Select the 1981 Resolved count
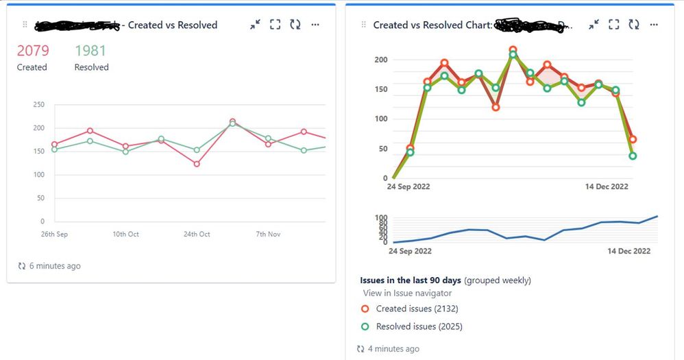point(90,51)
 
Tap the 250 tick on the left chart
point(38,105)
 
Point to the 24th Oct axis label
point(197,235)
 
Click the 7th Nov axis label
point(269,235)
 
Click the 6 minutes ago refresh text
point(54,265)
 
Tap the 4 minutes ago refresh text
point(393,349)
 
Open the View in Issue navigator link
point(407,293)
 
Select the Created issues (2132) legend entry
point(418,309)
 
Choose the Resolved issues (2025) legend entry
point(419,326)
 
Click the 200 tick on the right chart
point(381,60)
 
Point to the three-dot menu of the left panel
point(315,25)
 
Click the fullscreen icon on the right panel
point(614,25)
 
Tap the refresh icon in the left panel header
point(295,25)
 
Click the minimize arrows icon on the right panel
point(594,25)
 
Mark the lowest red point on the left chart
point(197,164)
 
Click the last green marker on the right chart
point(633,156)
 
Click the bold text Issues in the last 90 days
point(411,280)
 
